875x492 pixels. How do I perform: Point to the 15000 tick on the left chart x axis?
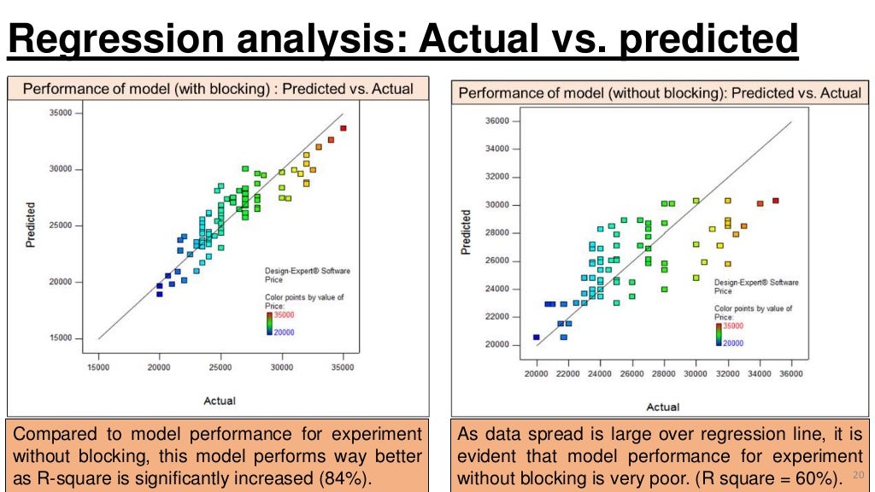[x=98, y=367]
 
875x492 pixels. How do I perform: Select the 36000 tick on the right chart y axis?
[x=496, y=121]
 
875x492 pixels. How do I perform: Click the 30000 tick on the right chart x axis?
[x=696, y=374]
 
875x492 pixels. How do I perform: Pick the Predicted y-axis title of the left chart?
[x=31, y=225]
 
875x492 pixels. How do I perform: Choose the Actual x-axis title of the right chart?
[x=663, y=407]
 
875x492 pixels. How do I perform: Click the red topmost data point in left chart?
[x=344, y=128]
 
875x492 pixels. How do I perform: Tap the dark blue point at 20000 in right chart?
[x=537, y=337]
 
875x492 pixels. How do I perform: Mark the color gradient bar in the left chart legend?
[x=268, y=323]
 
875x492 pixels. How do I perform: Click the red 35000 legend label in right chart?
[x=733, y=326]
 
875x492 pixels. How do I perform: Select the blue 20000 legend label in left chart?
[x=284, y=332]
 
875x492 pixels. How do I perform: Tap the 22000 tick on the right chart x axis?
[x=568, y=374]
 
